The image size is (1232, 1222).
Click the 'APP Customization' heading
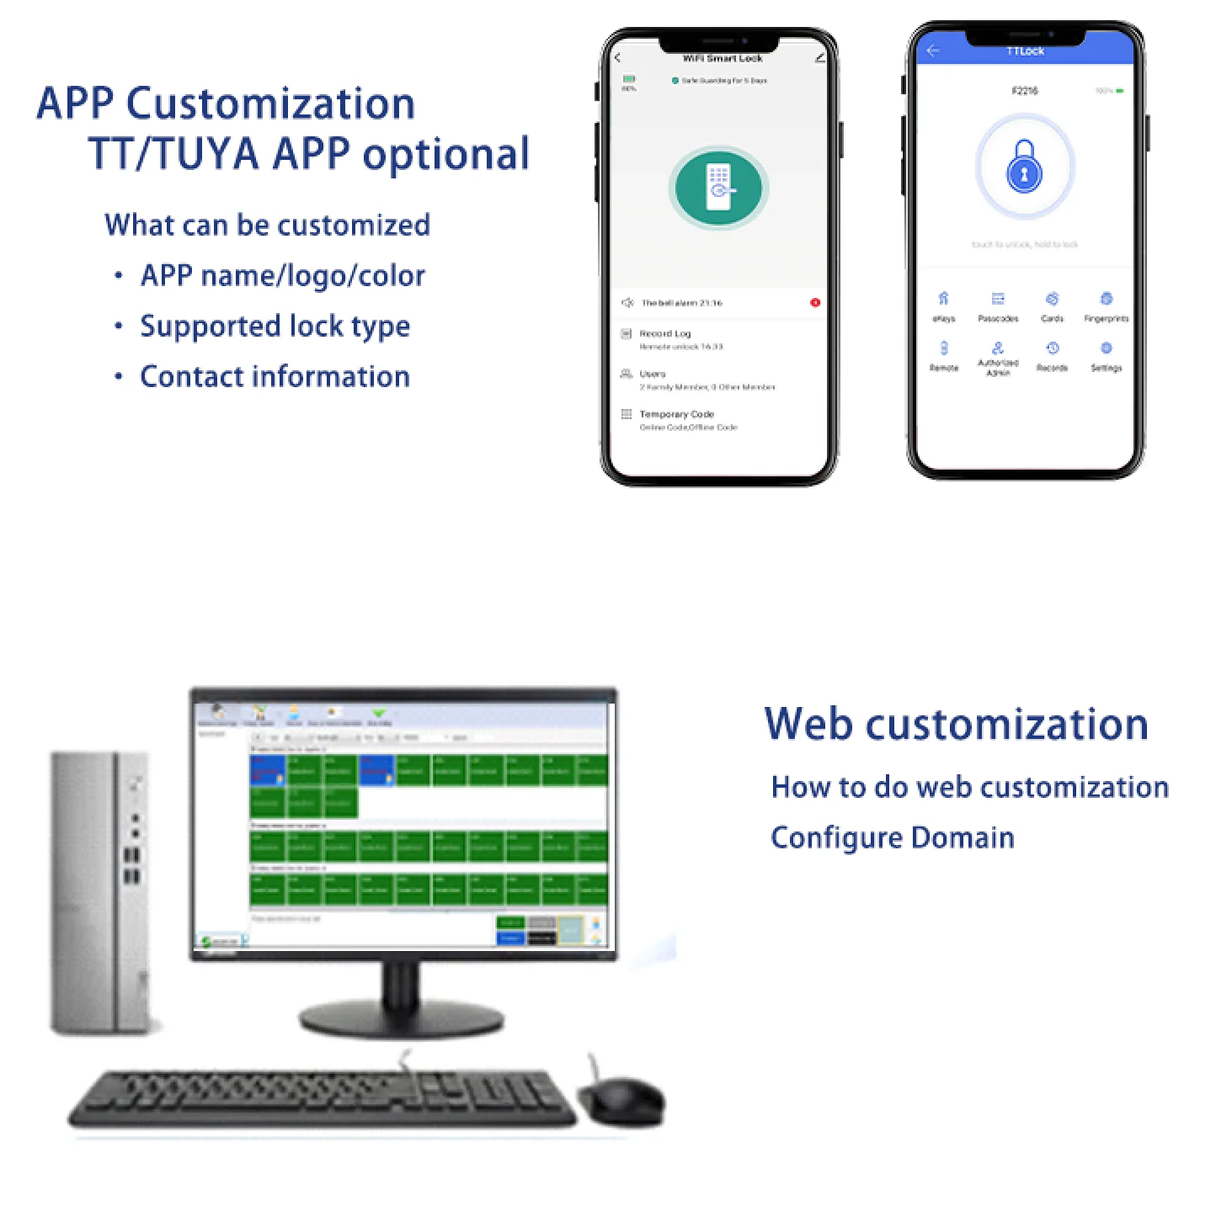226,104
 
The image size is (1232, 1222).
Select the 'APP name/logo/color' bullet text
282,275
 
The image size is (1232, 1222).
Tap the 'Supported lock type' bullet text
275,326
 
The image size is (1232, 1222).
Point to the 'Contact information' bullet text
275,376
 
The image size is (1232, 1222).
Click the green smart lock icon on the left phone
718,188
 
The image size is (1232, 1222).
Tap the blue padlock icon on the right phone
1024,167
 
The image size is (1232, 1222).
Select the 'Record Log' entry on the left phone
665,334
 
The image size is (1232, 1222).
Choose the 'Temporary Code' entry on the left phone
676,415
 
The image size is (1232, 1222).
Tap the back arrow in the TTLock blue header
932,51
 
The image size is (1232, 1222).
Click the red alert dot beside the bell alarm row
815,303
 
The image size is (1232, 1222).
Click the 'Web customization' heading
956,724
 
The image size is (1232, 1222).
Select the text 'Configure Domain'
892,837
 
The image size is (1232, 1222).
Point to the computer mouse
622,1100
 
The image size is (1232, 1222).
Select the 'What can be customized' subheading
267,225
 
